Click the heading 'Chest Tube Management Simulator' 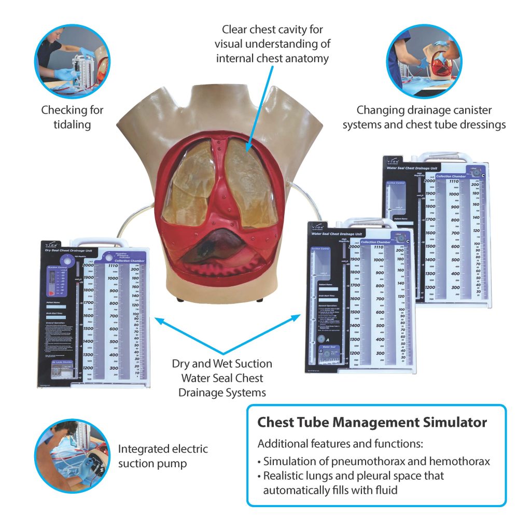372,422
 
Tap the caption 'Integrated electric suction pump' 162,456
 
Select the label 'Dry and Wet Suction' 222,364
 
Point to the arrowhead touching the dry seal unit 157,322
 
